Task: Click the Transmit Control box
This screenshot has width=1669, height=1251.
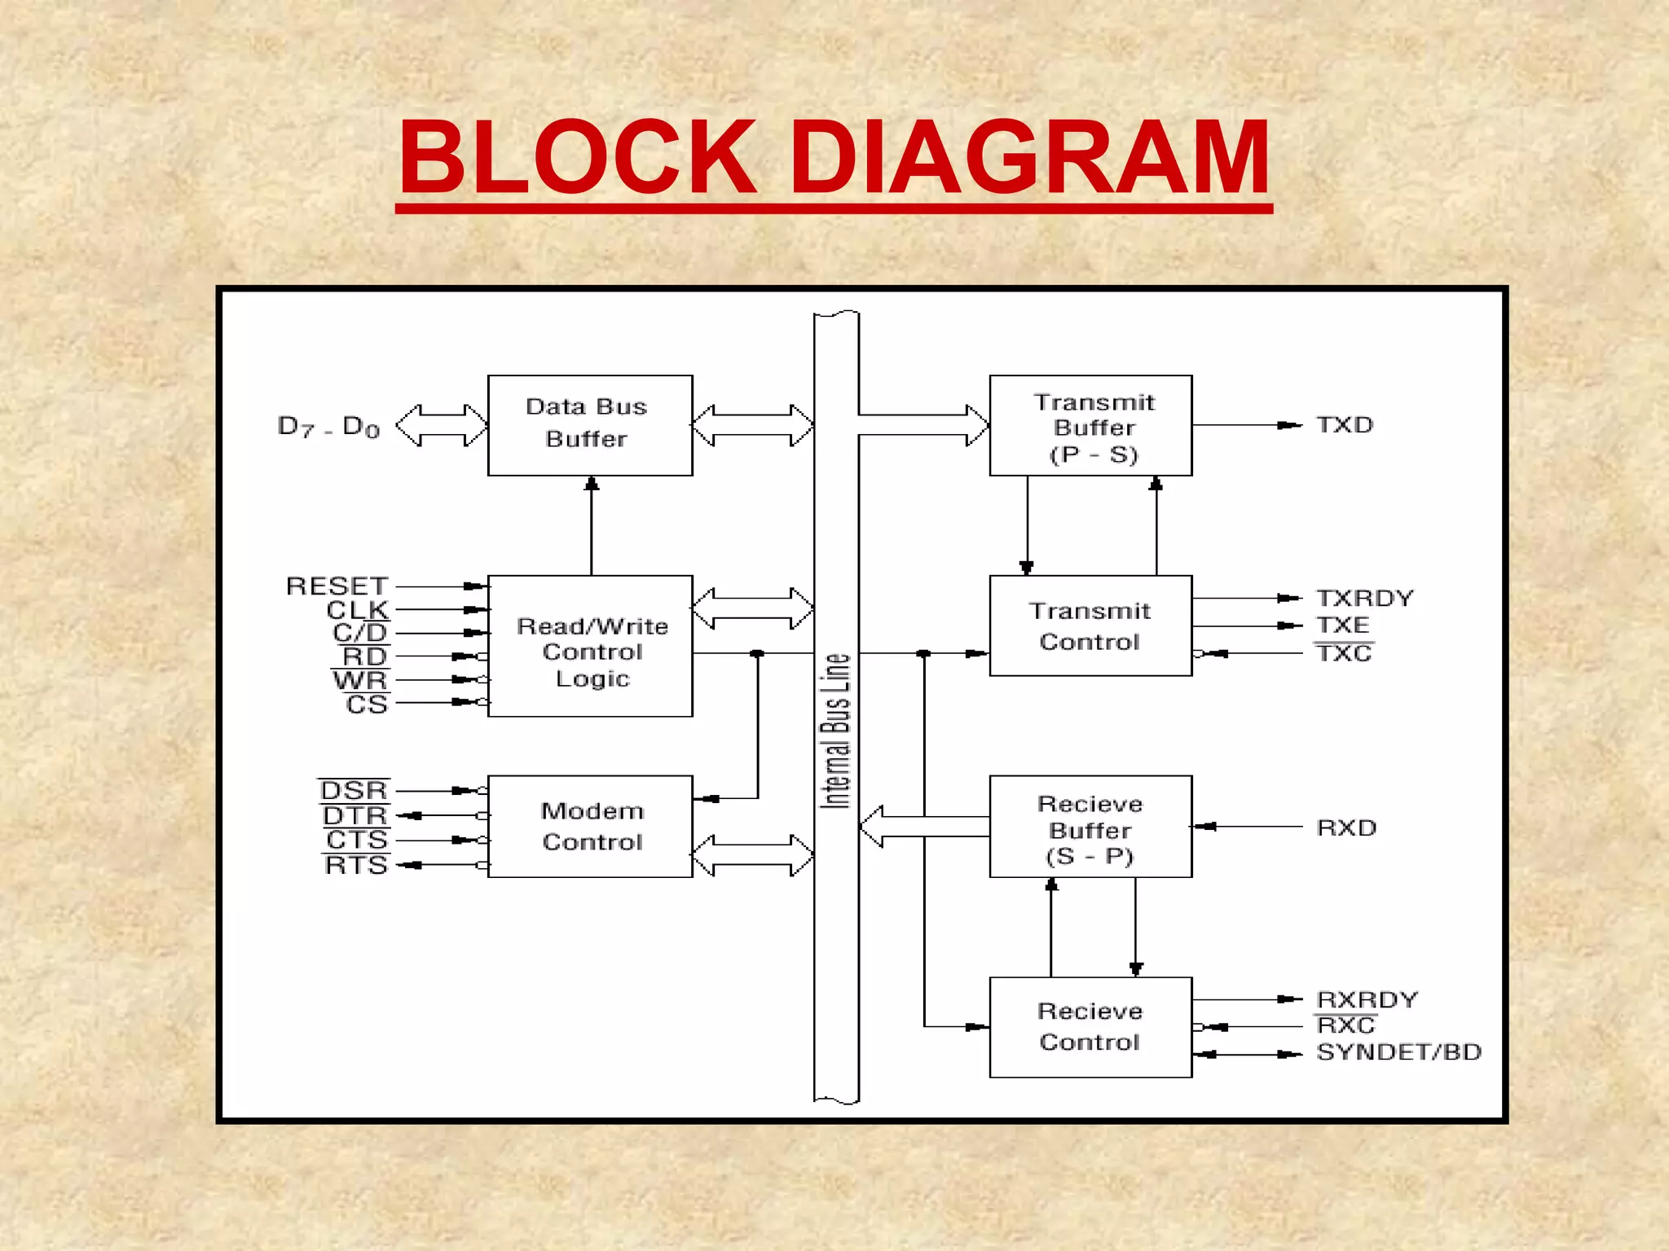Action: tap(1090, 625)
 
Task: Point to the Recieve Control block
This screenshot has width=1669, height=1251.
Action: tap(1090, 1027)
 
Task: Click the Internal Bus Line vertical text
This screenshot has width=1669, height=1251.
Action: tap(836, 731)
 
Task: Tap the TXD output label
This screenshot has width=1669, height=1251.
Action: tap(1345, 425)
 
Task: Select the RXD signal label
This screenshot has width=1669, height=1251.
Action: tap(1346, 827)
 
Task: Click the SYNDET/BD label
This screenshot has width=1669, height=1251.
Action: tap(1398, 1052)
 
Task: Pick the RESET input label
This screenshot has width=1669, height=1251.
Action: tap(337, 586)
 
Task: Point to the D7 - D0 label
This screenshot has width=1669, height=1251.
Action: tap(328, 427)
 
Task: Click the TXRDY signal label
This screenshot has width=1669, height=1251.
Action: tap(1365, 598)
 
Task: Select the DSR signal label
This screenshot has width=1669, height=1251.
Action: tap(354, 790)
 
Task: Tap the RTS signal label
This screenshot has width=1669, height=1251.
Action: tap(356, 865)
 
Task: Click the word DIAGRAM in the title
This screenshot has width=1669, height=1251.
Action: tap(1029, 158)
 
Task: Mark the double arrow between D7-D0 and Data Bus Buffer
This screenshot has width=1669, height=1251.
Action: tap(441, 425)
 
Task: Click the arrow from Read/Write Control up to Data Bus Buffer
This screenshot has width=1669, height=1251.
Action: tap(592, 525)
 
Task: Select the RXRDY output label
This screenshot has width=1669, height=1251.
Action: tap(1367, 999)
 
